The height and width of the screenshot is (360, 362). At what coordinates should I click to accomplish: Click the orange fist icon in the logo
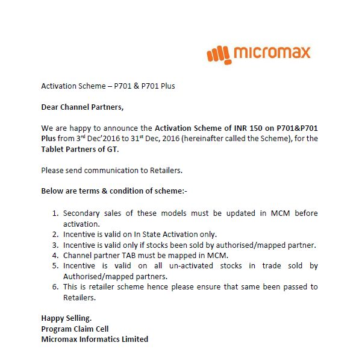[x=218, y=54]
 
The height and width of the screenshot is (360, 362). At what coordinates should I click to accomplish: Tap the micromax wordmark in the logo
[x=270, y=52]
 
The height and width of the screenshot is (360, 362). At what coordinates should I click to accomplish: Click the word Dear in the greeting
[x=51, y=107]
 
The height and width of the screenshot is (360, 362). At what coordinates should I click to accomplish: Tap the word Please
[x=52, y=170]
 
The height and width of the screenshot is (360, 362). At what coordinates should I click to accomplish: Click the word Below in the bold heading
[x=52, y=191]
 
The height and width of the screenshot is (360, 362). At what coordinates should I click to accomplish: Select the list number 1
[x=55, y=213]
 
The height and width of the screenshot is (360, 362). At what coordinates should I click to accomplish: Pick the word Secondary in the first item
[x=83, y=213]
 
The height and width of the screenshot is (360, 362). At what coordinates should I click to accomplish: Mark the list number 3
[x=55, y=245]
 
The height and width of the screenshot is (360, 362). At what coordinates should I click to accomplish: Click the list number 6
[x=55, y=287]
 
